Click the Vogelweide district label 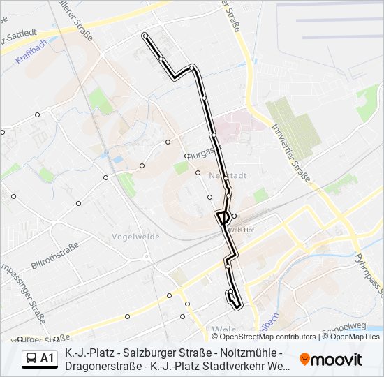(135, 237)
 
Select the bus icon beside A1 (31, 358)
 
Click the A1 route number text (47, 358)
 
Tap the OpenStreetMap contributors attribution (258, 337)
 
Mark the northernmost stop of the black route (145, 35)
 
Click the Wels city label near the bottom (223, 329)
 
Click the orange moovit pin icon (305, 360)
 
